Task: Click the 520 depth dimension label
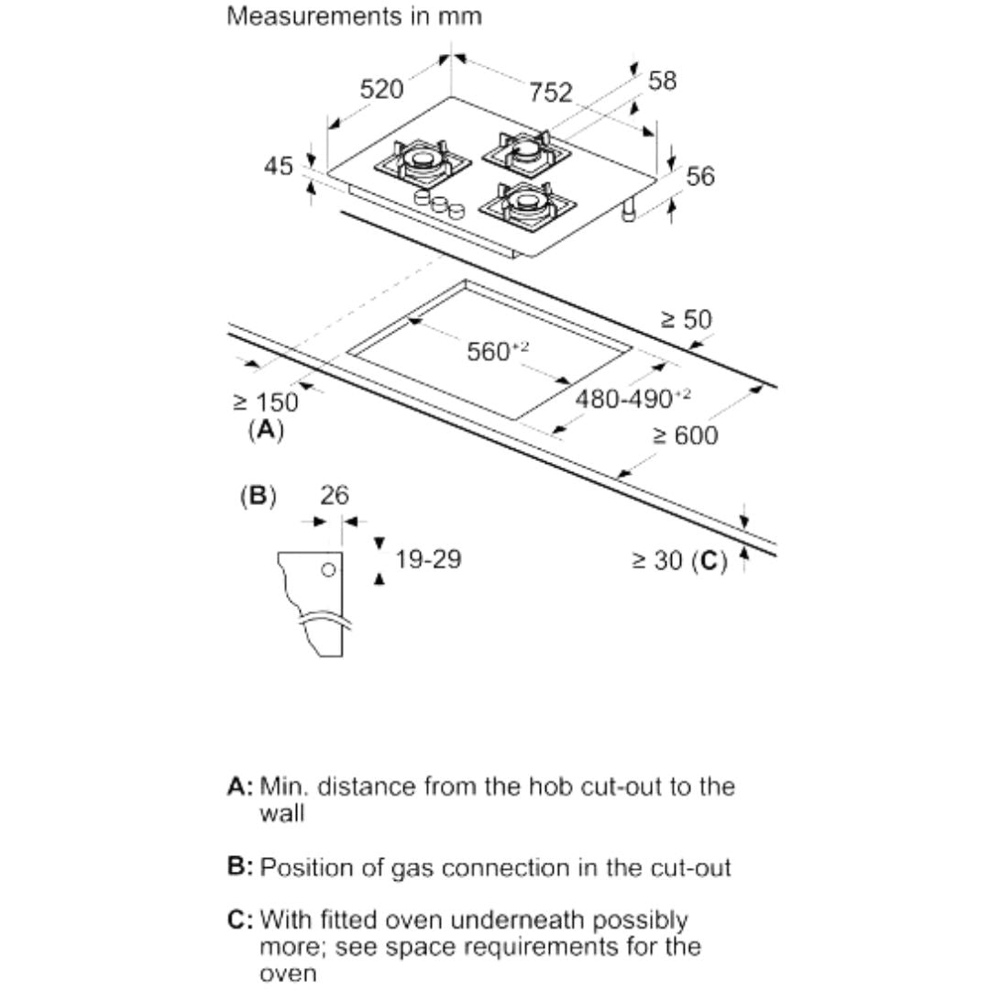click(x=381, y=89)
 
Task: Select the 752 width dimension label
click(x=551, y=93)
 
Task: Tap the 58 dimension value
click(x=663, y=81)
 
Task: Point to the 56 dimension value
click(x=700, y=176)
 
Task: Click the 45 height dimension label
click(x=279, y=166)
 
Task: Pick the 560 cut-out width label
click(x=498, y=350)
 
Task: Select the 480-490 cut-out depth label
click(x=632, y=399)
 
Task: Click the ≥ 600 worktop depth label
click(x=686, y=435)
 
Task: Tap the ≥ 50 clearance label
click(x=686, y=320)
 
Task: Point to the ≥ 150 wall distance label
click(x=266, y=402)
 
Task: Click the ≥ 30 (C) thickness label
click(x=679, y=561)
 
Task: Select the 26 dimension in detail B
click(x=334, y=496)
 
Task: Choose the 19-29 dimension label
click(x=428, y=559)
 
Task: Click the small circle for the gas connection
click(x=328, y=570)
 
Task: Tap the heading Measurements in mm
click(x=354, y=16)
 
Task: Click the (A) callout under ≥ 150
click(x=266, y=430)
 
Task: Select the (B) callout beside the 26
click(x=258, y=496)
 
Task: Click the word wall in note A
click(x=281, y=813)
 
